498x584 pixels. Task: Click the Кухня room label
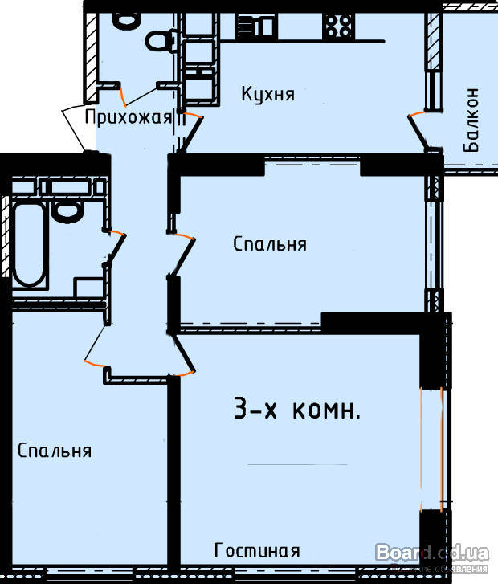(x=267, y=94)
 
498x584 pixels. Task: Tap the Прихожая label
(x=129, y=117)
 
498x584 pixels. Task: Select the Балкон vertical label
(x=471, y=120)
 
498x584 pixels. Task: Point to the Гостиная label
(x=257, y=550)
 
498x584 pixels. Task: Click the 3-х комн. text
(x=297, y=409)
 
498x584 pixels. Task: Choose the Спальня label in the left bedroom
(x=55, y=451)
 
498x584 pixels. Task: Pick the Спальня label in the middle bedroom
(x=270, y=244)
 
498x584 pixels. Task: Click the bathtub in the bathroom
(x=29, y=244)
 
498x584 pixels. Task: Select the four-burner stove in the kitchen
(x=339, y=26)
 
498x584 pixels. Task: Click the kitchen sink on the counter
(x=255, y=26)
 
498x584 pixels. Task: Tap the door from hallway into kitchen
(x=191, y=133)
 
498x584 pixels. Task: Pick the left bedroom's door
(x=96, y=345)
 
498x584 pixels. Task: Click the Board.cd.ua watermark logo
(x=432, y=553)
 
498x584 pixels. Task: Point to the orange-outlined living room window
(x=431, y=449)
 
